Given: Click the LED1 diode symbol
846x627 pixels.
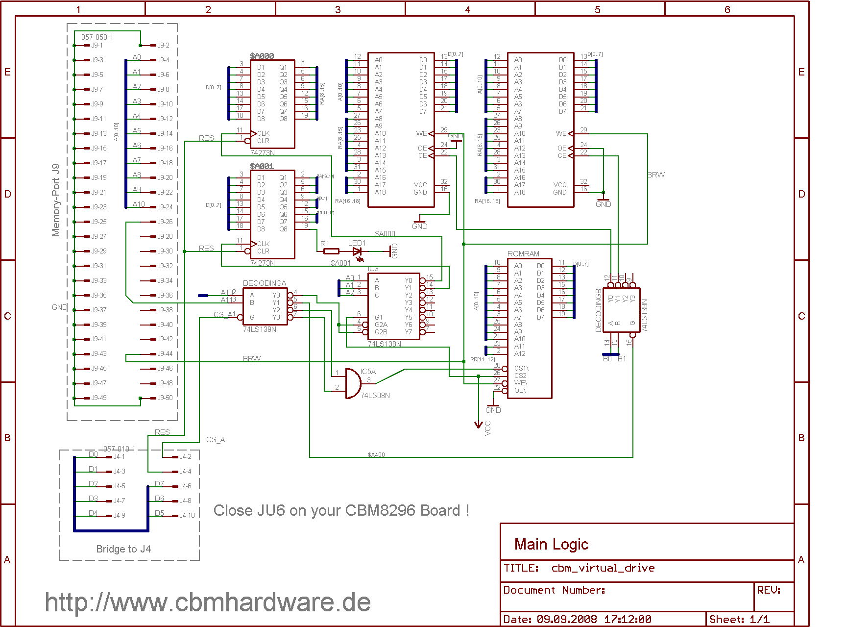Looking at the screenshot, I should click(358, 251).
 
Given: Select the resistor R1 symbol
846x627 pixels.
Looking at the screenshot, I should click(331, 251).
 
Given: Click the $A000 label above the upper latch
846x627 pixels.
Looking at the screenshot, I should click(262, 56).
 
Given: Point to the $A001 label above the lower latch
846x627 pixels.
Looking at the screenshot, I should click(262, 166).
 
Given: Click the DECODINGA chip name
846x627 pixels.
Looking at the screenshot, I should click(265, 283).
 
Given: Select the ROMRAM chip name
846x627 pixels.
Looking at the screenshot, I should click(523, 254).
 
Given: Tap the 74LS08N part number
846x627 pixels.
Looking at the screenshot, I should click(375, 395).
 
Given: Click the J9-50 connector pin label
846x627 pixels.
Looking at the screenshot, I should click(165, 398).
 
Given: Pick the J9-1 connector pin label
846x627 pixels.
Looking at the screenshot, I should click(97, 45).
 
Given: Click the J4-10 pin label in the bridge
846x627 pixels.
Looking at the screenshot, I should click(187, 515).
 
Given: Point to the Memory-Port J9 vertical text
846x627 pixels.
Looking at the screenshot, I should click(56, 200).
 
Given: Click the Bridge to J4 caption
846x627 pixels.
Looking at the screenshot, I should click(123, 549).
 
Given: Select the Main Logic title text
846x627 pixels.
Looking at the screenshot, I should click(551, 544).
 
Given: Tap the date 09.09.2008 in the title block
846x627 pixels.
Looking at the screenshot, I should click(567, 619).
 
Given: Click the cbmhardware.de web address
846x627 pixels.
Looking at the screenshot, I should click(208, 602).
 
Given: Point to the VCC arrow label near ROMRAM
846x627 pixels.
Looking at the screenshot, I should click(487, 428).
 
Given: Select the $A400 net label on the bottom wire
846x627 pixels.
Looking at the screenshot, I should click(376, 454).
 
